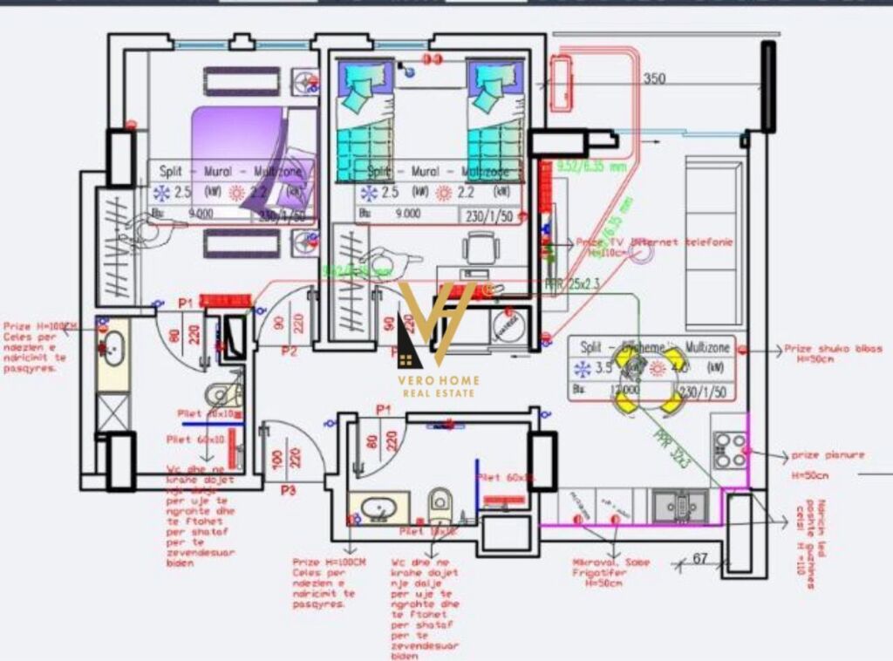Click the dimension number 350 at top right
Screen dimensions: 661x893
655,78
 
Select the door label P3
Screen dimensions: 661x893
289,491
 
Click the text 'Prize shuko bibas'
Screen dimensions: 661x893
833,348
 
